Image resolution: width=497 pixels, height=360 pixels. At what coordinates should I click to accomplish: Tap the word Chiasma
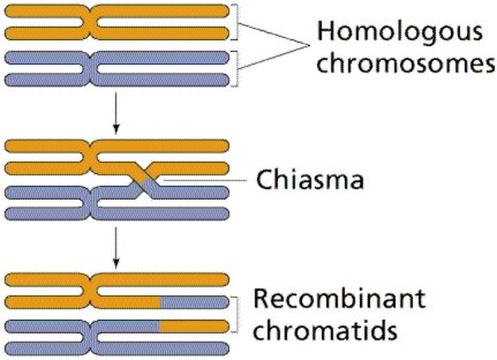coord(310,178)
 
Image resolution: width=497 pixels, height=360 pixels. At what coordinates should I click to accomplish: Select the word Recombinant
coord(339,298)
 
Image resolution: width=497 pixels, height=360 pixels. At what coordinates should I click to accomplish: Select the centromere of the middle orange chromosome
coord(91,156)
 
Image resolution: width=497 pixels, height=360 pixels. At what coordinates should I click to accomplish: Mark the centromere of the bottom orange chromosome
coord(91,290)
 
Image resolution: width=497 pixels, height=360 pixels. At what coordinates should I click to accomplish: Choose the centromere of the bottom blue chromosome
coord(91,337)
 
